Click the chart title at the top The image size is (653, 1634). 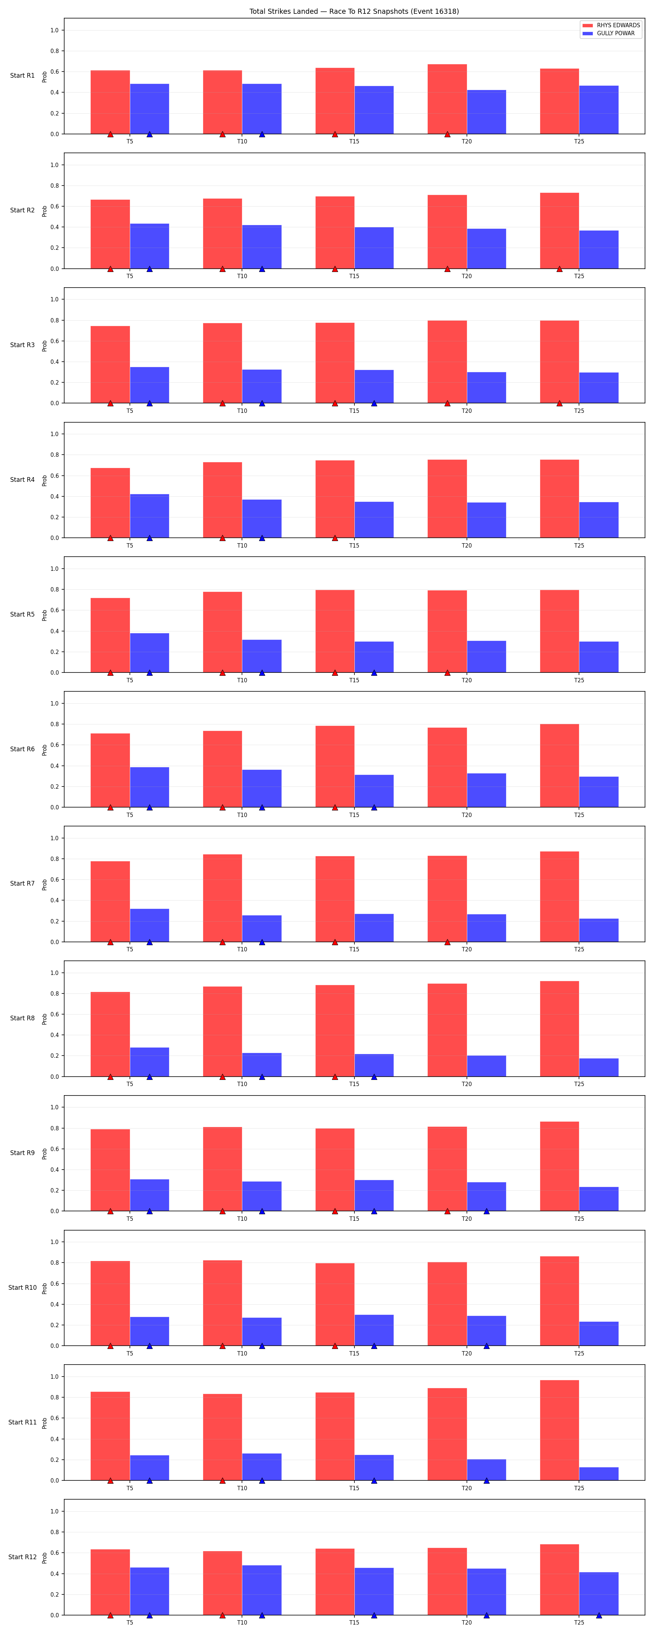point(354,11)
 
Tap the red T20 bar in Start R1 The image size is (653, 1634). point(447,99)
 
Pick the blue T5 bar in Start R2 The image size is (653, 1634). point(149,246)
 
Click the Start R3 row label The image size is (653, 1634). point(22,345)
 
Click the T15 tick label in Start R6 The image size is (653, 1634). point(354,815)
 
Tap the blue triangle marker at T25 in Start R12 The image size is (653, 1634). point(599,1615)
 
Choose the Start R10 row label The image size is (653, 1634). point(22,1288)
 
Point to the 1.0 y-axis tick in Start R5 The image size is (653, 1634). point(54,569)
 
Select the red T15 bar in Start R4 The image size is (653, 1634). point(335,499)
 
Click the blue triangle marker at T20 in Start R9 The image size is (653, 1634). point(486,1211)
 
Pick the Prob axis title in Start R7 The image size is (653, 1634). point(44,884)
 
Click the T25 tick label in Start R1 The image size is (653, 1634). point(579,142)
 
